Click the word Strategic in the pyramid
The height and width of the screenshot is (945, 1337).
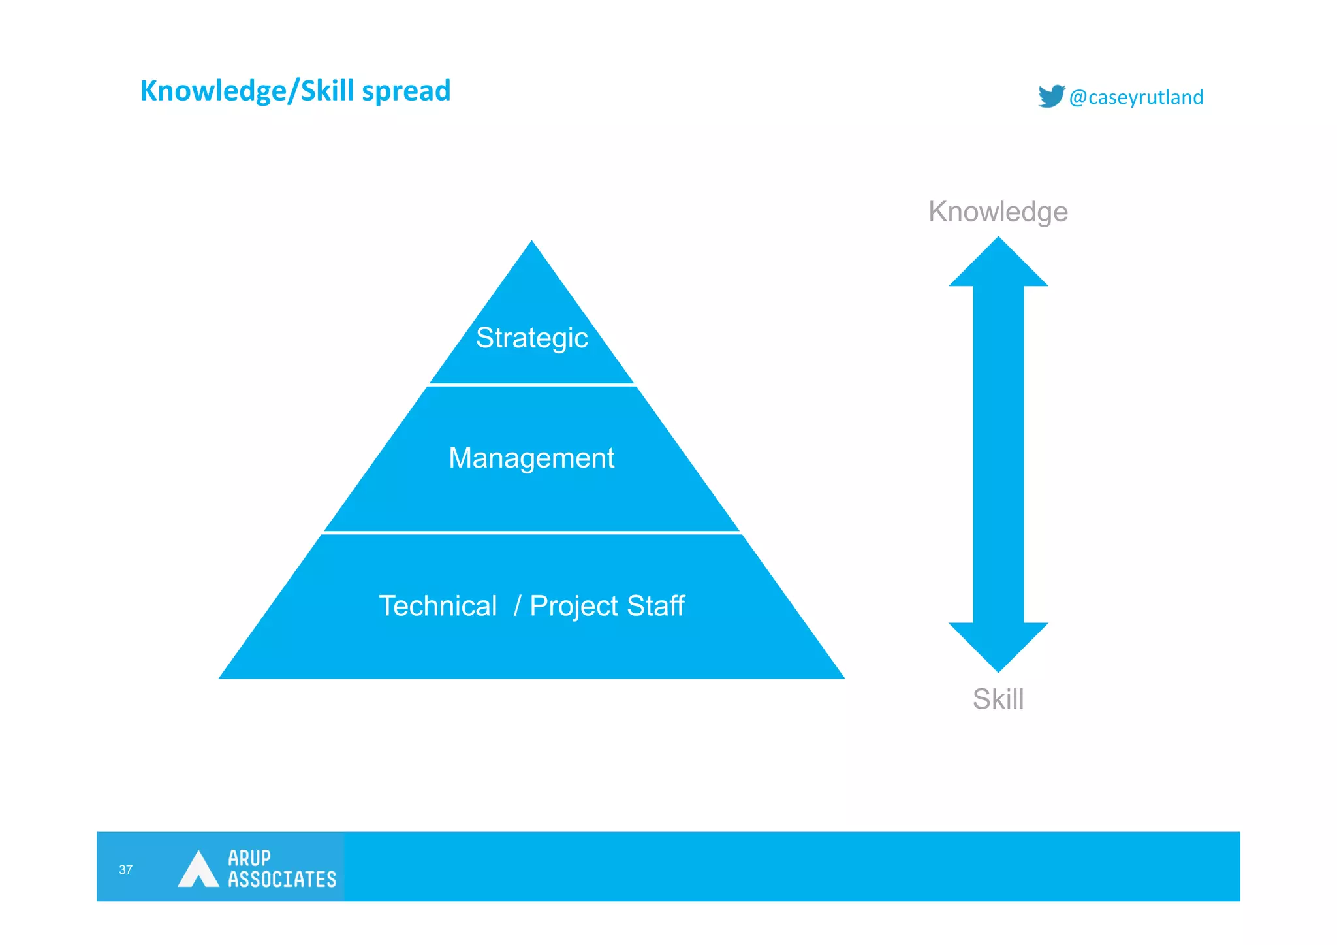[x=531, y=338]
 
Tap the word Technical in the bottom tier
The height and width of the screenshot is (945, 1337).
[x=438, y=606]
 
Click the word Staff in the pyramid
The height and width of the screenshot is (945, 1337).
[x=655, y=606]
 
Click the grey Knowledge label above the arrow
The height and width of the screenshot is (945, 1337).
[x=998, y=212]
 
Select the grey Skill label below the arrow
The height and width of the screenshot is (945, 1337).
[x=998, y=699]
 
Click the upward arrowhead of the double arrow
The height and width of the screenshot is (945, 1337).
[x=998, y=264]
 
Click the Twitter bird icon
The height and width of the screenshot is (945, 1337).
[x=1051, y=96]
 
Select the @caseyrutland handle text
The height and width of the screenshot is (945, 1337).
[x=1136, y=97]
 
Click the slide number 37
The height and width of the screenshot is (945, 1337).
[x=125, y=869]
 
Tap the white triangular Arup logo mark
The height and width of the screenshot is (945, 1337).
[x=198, y=870]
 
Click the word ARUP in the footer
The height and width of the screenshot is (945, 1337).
[x=249, y=857]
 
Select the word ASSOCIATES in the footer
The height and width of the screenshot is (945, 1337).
[x=281, y=879]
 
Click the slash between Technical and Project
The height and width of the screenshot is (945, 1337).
[x=517, y=605]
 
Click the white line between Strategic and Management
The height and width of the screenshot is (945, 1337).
[x=531, y=385]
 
